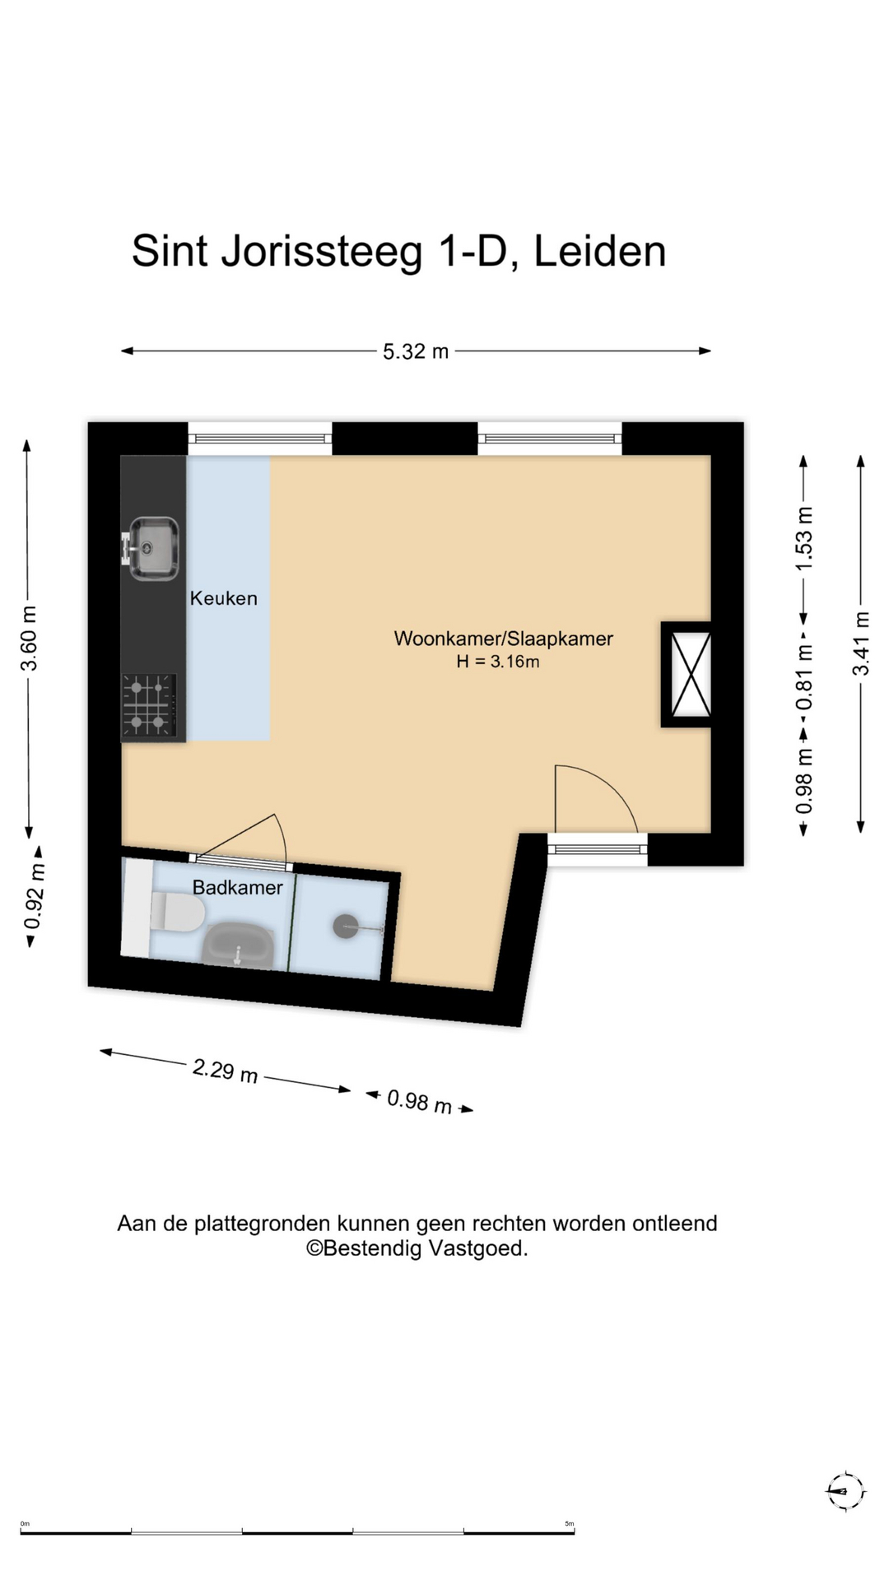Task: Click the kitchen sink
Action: tap(151, 547)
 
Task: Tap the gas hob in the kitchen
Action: tap(149, 705)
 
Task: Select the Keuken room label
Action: tap(224, 598)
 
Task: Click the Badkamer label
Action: tap(237, 887)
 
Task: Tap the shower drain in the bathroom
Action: tap(346, 927)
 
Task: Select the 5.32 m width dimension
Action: tap(416, 351)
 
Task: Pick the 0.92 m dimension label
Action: tap(34, 896)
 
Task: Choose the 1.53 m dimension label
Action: tap(804, 538)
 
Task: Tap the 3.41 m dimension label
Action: tap(861, 644)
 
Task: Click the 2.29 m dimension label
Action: tap(225, 1071)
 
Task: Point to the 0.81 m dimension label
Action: tap(804, 676)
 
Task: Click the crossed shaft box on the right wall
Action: tap(687, 675)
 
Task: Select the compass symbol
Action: tap(845, 1491)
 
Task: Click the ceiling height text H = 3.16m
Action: tap(498, 662)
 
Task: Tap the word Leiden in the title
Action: tap(600, 251)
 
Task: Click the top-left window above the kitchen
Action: tap(260, 439)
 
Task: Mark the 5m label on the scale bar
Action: tap(570, 1523)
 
